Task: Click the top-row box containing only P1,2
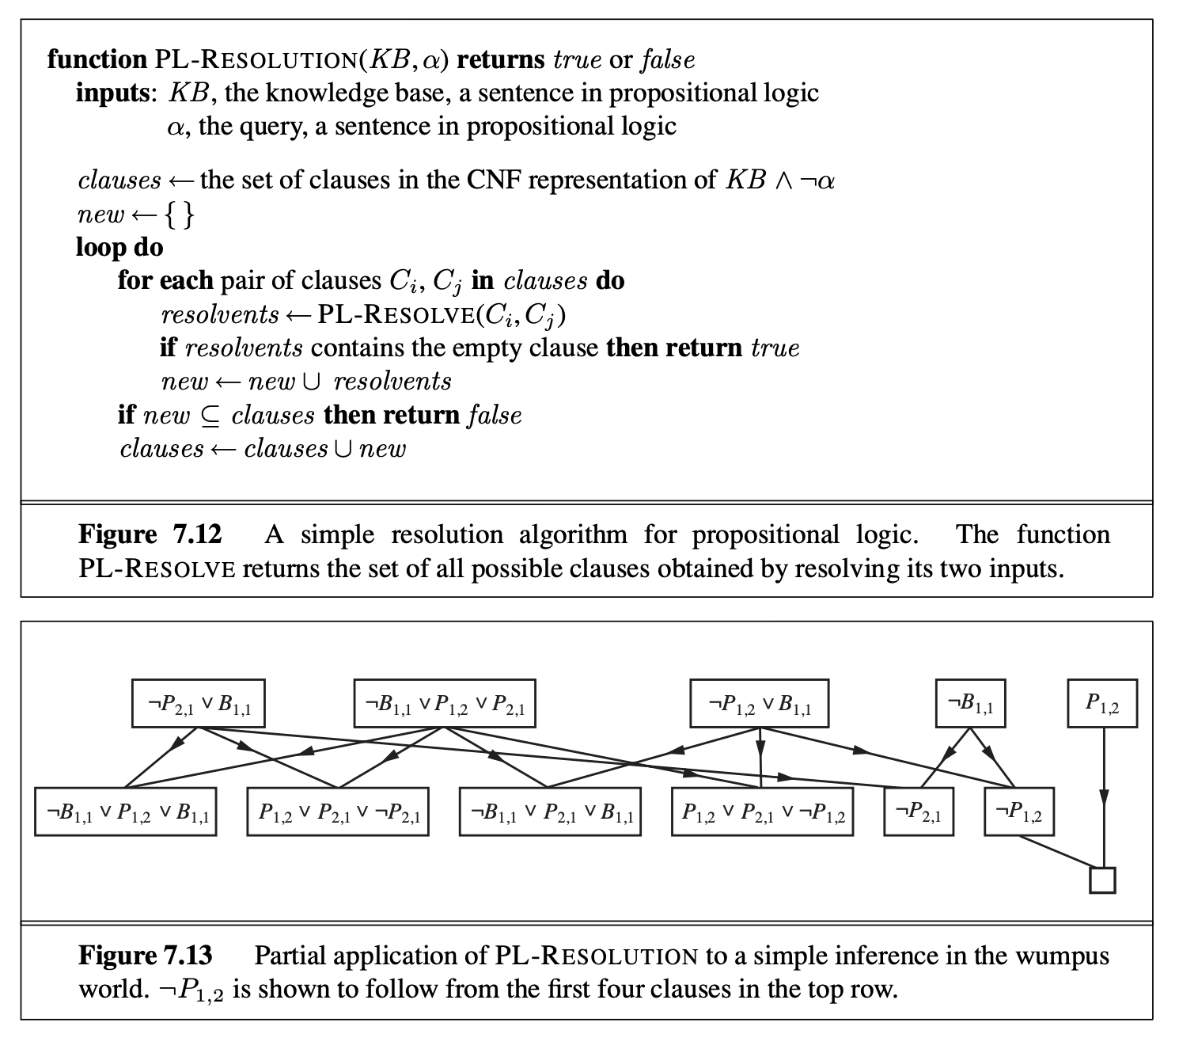[x=1102, y=703]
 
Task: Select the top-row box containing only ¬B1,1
[x=970, y=703]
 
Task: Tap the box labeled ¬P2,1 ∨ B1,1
[x=198, y=703]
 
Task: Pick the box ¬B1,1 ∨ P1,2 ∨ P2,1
[x=445, y=703]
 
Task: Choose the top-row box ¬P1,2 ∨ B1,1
[x=760, y=703]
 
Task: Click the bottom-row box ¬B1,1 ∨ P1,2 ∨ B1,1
[x=126, y=812]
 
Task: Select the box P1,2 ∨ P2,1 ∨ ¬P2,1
[x=339, y=812]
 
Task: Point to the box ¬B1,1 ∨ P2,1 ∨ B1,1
[x=550, y=812]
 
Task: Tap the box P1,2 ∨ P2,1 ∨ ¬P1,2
[x=762, y=812]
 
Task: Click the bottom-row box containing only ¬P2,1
[x=919, y=812]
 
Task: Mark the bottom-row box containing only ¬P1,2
[x=1019, y=812]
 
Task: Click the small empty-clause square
[x=1102, y=880]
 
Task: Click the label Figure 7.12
[x=150, y=534]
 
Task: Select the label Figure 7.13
[x=146, y=956]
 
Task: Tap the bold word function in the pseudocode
[x=97, y=59]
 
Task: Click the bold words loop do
[x=119, y=247]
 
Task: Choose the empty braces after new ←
[x=178, y=215]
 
